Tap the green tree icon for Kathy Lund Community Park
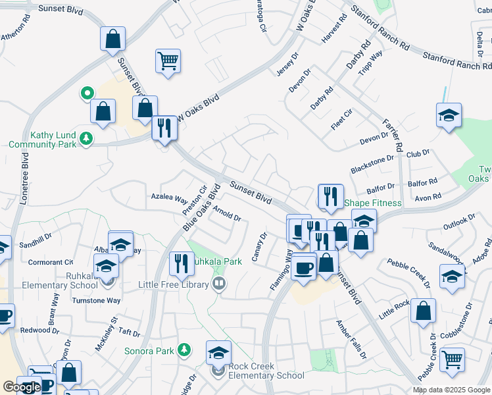point(86,139)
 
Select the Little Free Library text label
point(174,284)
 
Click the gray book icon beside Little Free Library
point(219,284)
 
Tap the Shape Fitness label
point(372,203)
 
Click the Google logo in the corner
point(21,387)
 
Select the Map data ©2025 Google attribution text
point(451,390)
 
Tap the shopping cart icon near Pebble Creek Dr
point(452,361)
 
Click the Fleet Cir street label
point(342,120)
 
